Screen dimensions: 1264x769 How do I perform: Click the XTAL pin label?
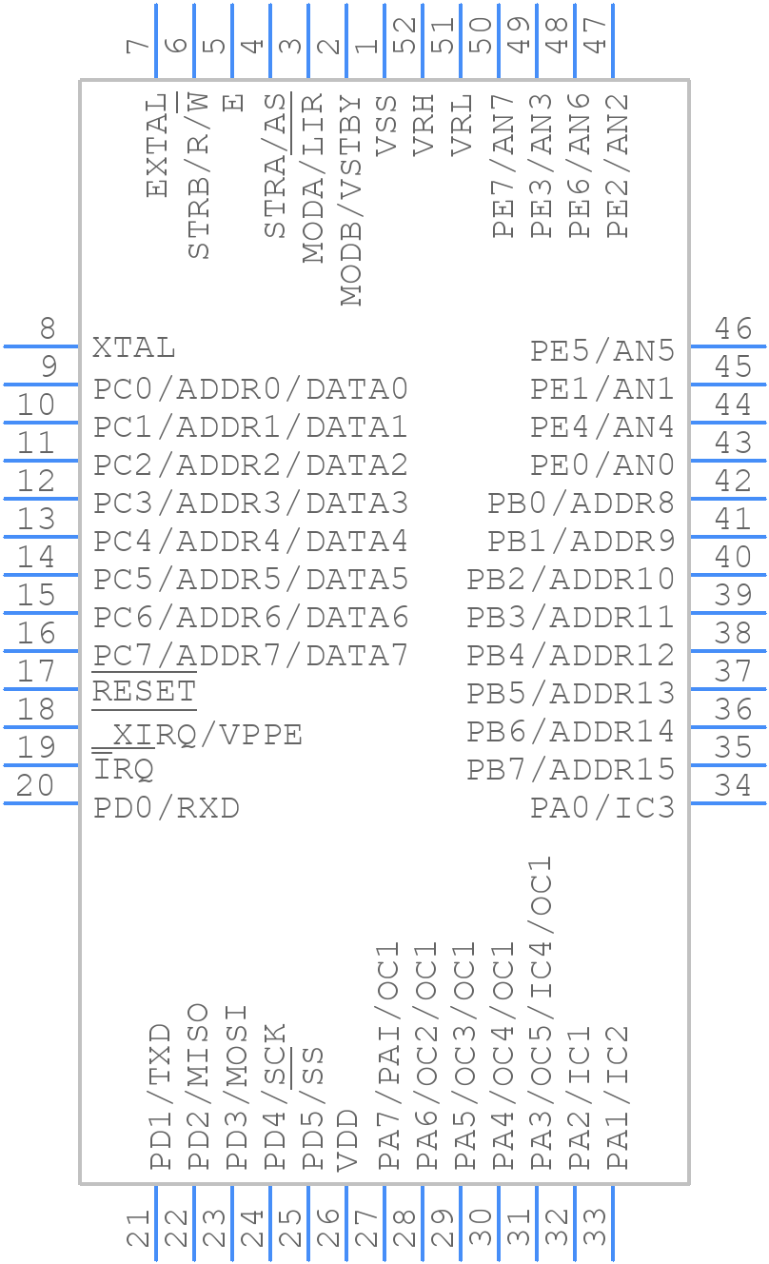point(134,348)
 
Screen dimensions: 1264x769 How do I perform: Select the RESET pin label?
point(144,692)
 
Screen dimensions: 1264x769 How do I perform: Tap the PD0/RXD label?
point(166,808)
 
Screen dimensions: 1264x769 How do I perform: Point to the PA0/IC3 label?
point(602,808)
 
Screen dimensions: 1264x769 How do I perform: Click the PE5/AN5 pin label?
point(602,351)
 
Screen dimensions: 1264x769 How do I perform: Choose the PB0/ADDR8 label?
point(582,503)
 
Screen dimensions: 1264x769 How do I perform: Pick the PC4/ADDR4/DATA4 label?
point(250,542)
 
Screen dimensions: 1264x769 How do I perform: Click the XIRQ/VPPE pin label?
point(198,735)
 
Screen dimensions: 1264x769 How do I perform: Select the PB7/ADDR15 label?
point(571,769)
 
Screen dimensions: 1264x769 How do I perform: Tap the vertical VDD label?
point(348,1138)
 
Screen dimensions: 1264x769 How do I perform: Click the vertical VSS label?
point(386,125)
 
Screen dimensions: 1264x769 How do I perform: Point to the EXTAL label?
point(158,145)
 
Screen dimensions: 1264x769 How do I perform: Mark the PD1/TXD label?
point(160,1096)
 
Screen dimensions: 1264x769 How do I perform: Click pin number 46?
point(734,329)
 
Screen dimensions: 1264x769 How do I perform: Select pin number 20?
point(35,786)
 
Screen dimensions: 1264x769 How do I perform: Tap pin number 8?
point(46,329)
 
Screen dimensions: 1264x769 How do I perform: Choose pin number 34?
point(734,786)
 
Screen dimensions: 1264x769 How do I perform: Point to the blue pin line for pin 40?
point(728,575)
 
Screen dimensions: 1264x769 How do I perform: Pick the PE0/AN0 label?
point(602,465)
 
